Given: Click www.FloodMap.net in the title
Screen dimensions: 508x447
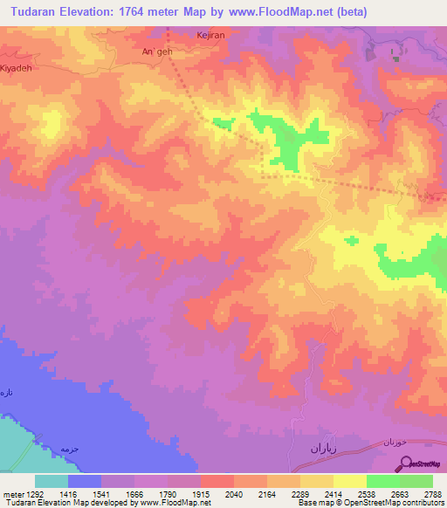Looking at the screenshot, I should [x=281, y=12].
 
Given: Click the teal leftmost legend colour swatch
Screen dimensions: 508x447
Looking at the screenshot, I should [x=52, y=481].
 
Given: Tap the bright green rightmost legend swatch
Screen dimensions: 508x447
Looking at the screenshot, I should [x=416, y=481].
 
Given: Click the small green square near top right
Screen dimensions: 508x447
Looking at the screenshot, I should [x=395, y=59].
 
